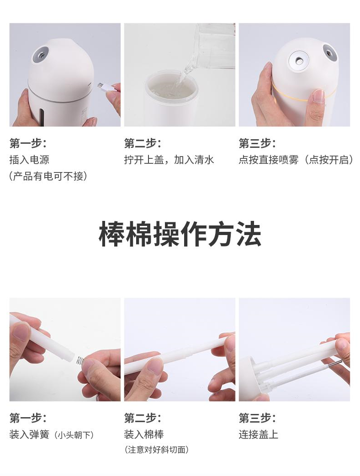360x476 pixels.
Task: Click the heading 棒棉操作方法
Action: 180,235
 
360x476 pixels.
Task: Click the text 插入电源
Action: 29,160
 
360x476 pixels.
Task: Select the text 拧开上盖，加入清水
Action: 169,160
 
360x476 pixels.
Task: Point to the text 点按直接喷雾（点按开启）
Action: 296,160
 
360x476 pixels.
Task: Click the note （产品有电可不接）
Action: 48,176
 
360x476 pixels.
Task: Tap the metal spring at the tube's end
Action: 79,361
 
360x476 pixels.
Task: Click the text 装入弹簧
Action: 29,434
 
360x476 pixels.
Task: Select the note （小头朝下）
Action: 74,435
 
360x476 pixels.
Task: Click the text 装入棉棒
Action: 144,434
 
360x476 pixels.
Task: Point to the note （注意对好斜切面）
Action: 156,450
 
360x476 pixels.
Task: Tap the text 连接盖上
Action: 259,434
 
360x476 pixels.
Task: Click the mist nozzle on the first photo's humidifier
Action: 40,54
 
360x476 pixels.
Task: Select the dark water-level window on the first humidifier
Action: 42,117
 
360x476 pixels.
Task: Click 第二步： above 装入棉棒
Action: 142,418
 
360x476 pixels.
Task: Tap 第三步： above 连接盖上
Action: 257,418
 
